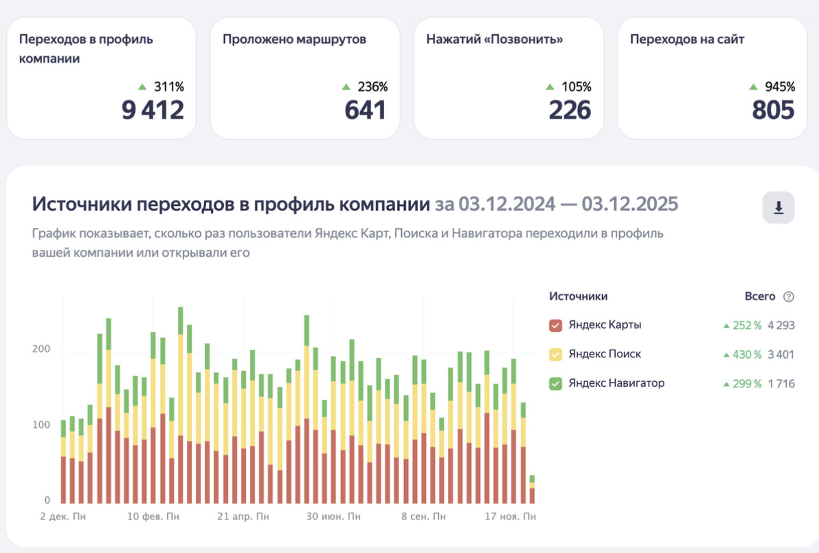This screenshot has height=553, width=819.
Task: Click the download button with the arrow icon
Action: [x=779, y=207]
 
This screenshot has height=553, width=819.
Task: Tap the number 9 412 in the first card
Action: [x=153, y=110]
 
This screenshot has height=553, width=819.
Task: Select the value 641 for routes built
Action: [x=365, y=110]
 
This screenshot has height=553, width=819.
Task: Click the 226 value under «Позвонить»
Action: [x=569, y=110]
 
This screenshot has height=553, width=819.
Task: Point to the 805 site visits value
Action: [x=773, y=110]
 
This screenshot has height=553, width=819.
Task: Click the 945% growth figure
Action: [x=780, y=87]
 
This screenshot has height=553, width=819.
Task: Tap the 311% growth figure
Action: [x=168, y=87]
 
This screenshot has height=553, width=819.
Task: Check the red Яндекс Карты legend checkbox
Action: [x=555, y=325]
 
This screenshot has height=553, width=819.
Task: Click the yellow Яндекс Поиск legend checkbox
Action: [x=555, y=355]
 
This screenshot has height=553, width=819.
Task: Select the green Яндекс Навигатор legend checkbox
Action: [x=555, y=384]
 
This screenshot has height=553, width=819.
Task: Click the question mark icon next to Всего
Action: [x=789, y=296]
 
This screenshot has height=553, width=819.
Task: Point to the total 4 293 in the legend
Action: [x=781, y=325]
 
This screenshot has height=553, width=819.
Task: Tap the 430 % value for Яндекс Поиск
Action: [x=747, y=355]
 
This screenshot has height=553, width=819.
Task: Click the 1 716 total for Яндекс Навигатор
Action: [x=781, y=384]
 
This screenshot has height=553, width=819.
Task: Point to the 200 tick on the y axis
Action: [x=41, y=349]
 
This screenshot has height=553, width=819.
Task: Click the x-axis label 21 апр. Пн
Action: [x=243, y=517]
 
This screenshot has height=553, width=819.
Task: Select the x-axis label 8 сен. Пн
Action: [x=423, y=517]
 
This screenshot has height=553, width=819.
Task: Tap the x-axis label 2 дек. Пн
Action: [x=63, y=517]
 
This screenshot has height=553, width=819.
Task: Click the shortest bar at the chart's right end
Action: [x=532, y=490]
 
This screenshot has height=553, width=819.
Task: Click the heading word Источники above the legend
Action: [x=578, y=296]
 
